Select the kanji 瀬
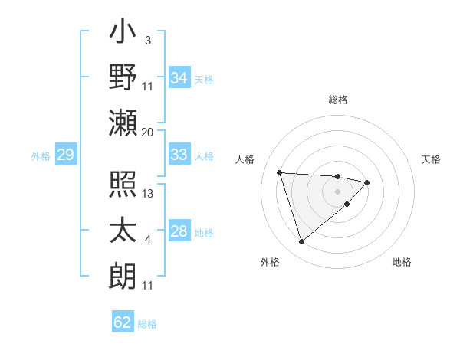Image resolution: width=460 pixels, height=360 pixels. (x=123, y=123)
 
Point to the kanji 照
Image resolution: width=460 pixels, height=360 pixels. (x=123, y=186)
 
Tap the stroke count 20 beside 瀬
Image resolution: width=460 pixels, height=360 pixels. (x=148, y=132)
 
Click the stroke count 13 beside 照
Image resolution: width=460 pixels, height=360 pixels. (x=149, y=194)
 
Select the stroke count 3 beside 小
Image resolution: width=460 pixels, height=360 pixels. (x=147, y=40)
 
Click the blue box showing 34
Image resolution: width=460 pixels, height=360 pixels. (x=179, y=77)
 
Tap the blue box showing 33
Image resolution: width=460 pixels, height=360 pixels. (x=179, y=155)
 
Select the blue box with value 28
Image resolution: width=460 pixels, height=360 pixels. (x=179, y=232)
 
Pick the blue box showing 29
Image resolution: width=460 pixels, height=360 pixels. (x=65, y=155)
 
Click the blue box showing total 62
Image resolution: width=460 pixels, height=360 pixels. (x=123, y=322)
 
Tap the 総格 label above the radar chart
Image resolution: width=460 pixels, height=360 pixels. (x=337, y=100)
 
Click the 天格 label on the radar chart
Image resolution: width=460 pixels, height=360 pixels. (x=431, y=159)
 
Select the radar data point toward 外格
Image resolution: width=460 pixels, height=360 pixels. (x=301, y=242)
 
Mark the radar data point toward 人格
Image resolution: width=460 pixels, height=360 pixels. (x=280, y=172)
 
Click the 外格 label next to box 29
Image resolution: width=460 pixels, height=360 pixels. (x=41, y=156)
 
